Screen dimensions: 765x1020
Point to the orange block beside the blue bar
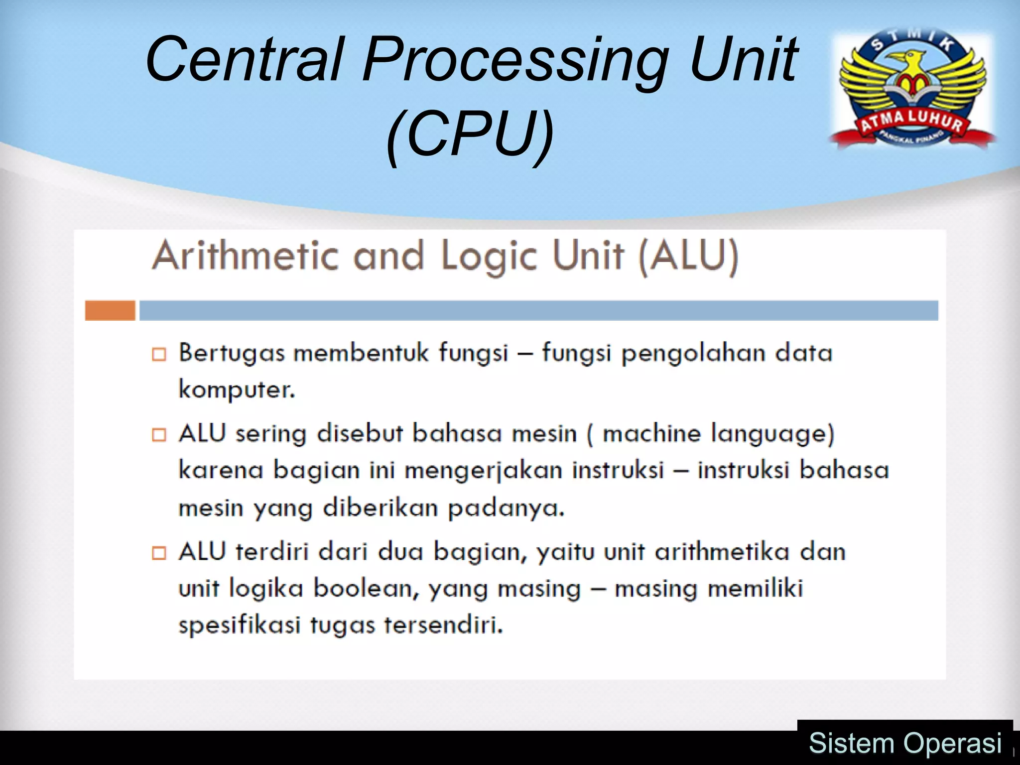110,310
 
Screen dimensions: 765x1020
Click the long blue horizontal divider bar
538,310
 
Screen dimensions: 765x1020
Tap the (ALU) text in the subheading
688,255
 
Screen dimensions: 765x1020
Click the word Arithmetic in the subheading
245,255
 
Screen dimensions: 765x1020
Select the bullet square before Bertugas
159,354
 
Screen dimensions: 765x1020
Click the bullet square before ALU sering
159,435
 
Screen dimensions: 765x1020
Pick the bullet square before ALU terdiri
159,553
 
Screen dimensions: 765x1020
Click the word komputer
237,390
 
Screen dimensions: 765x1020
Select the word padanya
506,509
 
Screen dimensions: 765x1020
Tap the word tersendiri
443,625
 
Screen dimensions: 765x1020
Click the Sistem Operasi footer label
904,743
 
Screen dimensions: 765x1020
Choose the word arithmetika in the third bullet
722,552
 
